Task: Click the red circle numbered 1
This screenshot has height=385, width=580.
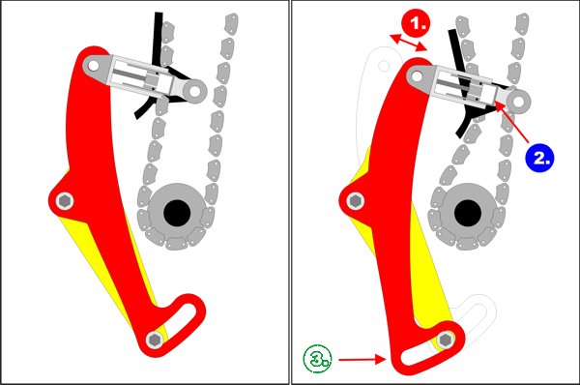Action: pyautogui.click(x=417, y=23)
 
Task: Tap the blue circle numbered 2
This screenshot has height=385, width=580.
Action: pyautogui.click(x=539, y=158)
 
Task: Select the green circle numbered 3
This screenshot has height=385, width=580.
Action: pyautogui.click(x=317, y=359)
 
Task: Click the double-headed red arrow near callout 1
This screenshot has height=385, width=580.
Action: pyautogui.click(x=409, y=43)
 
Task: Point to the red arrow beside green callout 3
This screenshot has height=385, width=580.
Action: pyautogui.click(x=362, y=359)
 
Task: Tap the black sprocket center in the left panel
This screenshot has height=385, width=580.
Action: pyautogui.click(x=177, y=213)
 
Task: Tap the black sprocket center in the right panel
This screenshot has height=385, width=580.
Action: pyautogui.click(x=468, y=213)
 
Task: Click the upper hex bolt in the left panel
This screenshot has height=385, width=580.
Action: pyautogui.click(x=65, y=201)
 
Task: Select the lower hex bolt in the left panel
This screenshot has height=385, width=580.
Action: pyautogui.click(x=155, y=340)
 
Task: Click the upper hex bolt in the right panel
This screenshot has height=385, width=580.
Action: pyautogui.click(x=356, y=201)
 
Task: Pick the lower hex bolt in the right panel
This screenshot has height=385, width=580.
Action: pyautogui.click(x=446, y=340)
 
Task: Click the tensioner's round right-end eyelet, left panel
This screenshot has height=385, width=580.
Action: pyautogui.click(x=194, y=91)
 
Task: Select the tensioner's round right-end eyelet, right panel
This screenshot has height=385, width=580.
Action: pyautogui.click(x=518, y=101)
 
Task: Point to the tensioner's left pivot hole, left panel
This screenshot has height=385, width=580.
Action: pyautogui.click(x=93, y=67)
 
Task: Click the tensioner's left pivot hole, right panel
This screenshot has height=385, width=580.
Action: pyautogui.click(x=417, y=76)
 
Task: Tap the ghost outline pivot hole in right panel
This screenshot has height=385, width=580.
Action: pyautogui.click(x=385, y=67)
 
